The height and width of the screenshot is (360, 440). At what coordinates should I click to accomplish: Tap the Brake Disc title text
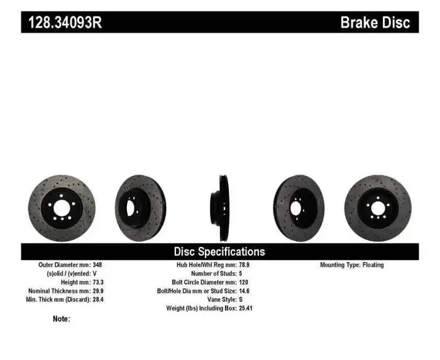click(x=375, y=23)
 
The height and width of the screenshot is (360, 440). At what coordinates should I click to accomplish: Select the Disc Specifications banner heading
click(x=219, y=251)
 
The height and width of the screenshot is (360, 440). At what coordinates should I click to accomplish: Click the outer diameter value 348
click(x=98, y=265)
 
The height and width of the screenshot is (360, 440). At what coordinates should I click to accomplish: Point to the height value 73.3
click(x=99, y=283)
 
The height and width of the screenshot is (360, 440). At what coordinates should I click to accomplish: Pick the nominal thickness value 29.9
click(x=99, y=292)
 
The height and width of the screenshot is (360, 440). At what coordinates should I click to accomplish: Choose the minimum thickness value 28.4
click(x=99, y=300)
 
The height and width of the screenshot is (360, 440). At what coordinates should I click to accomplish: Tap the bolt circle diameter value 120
click(x=244, y=283)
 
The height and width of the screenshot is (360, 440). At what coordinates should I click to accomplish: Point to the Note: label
click(x=62, y=319)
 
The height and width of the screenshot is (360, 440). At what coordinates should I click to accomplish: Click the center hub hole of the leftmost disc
click(x=61, y=207)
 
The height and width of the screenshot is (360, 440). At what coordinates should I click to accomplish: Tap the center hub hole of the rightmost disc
click(x=377, y=207)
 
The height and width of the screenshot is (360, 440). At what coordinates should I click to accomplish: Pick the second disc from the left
click(x=140, y=207)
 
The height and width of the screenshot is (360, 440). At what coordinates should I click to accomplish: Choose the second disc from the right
click(x=299, y=207)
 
